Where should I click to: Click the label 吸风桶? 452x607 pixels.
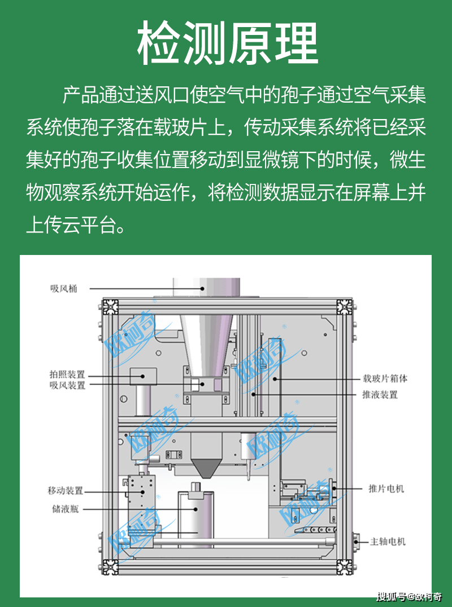(63, 288)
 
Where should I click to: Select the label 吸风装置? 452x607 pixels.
(67, 386)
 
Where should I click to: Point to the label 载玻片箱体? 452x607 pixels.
(385, 379)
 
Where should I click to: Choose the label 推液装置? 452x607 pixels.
(380, 394)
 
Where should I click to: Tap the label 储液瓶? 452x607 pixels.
(63, 509)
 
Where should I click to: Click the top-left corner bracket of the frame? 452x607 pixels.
(110, 306)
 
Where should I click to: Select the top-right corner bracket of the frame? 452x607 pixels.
(344, 306)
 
